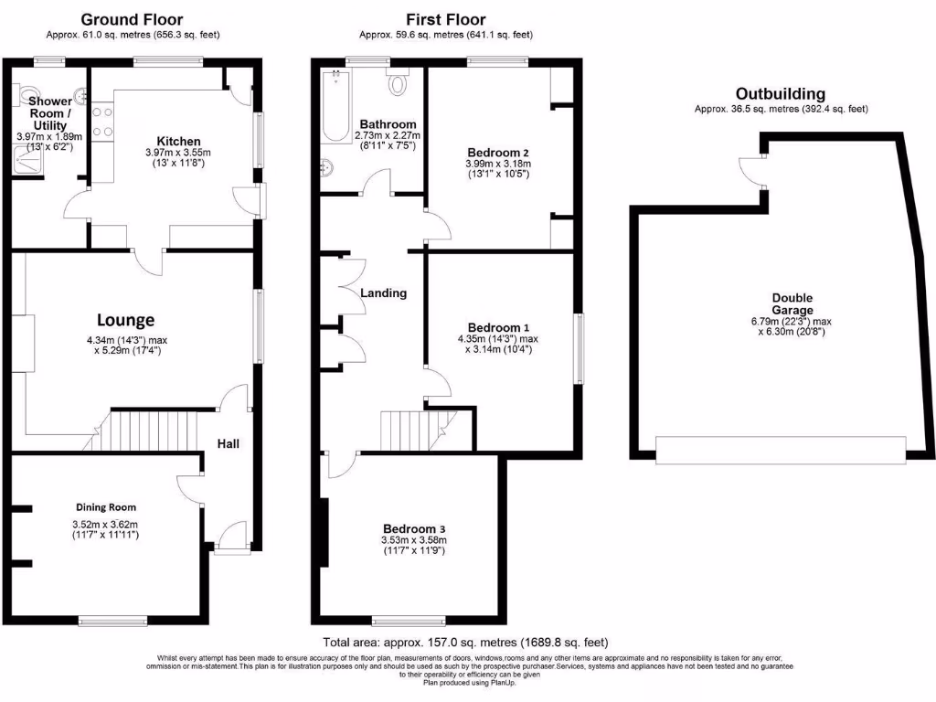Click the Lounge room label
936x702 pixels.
126,320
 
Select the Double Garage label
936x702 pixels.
792,303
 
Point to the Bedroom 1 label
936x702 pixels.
498,327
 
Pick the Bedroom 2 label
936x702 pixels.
498,153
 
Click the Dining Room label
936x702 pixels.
106,506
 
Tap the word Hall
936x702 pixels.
228,443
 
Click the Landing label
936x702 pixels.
384,293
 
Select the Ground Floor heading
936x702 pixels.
132,19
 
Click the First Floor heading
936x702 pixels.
445,19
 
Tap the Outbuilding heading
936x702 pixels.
781,93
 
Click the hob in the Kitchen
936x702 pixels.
102,122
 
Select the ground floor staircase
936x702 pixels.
146,431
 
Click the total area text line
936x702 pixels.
465,643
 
